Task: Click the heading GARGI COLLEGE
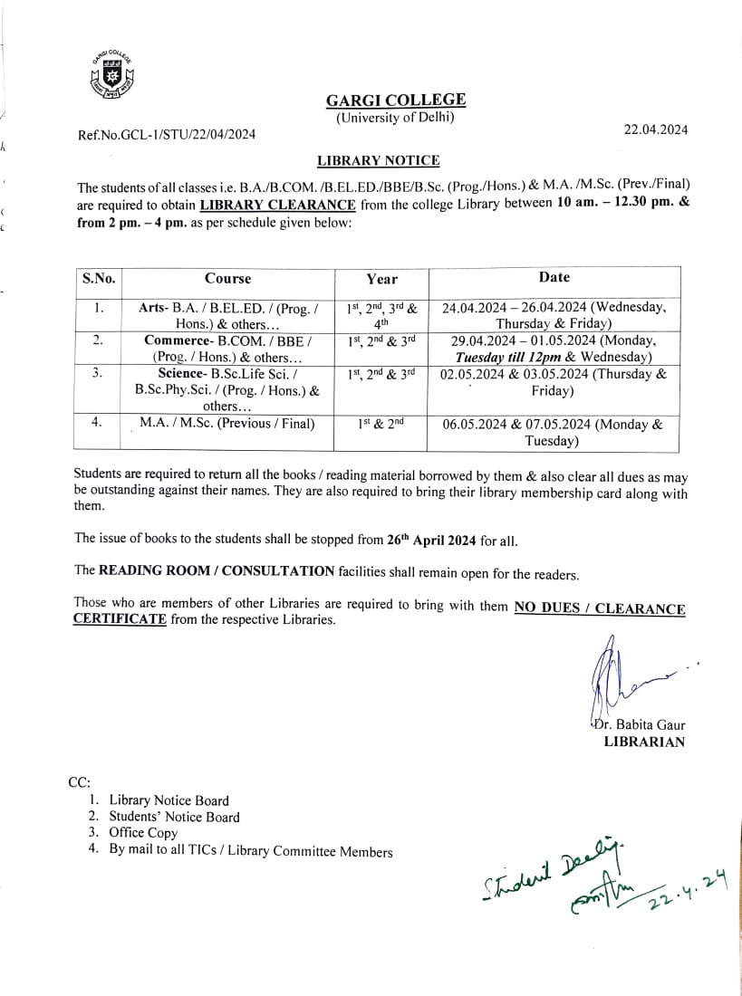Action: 396,100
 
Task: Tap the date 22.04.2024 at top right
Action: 656,129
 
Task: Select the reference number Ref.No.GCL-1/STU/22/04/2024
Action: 167,135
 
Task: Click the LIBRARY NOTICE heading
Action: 378,161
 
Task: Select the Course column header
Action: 227,279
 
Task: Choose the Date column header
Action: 554,278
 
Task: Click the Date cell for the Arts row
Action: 554,315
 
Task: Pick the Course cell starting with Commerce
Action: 227,349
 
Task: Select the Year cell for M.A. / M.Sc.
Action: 381,424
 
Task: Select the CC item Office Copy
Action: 143,833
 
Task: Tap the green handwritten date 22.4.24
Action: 688,895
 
